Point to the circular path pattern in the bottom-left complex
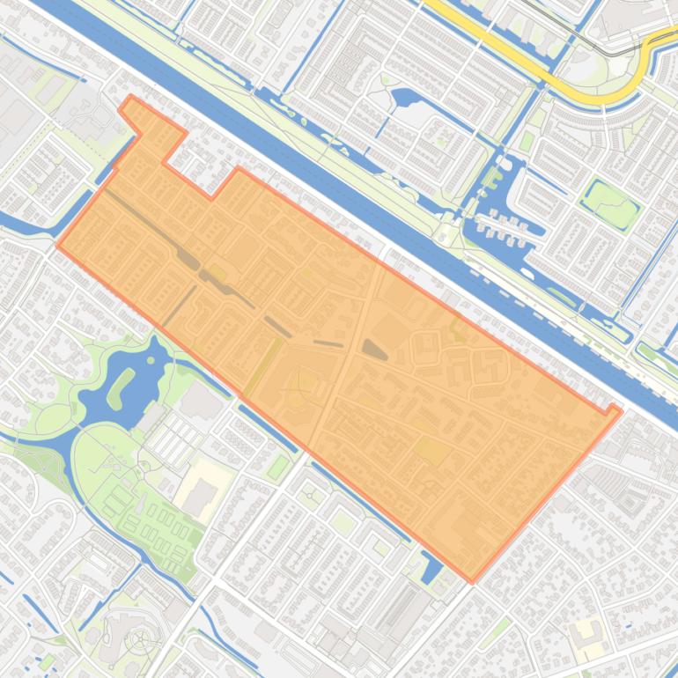138,640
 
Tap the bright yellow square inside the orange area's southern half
430,451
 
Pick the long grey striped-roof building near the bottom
401,609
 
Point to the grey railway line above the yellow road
581,35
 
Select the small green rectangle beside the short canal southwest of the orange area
278,467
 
